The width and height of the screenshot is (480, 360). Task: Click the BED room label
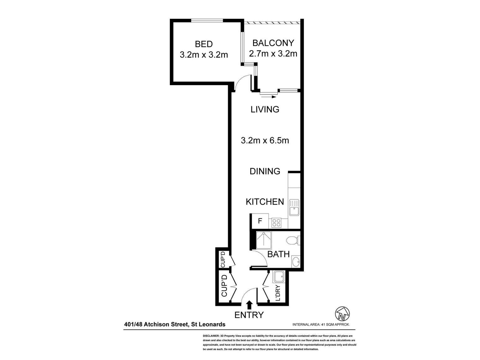click(x=204, y=44)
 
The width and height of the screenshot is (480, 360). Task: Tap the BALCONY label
click(x=273, y=43)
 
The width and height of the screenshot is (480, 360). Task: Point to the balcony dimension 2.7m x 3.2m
click(x=273, y=54)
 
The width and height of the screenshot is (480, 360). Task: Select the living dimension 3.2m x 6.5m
click(x=265, y=141)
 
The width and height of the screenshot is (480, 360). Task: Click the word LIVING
click(x=265, y=109)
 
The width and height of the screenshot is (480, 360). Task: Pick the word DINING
click(x=265, y=171)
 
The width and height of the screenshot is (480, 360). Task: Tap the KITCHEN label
click(x=265, y=202)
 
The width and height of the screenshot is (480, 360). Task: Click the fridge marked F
click(x=260, y=221)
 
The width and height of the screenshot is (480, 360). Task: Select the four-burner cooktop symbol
click(x=276, y=223)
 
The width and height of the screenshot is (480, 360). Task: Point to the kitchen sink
click(x=294, y=208)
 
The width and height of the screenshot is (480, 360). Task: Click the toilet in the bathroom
click(x=292, y=240)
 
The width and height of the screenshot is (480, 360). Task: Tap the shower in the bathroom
click(x=264, y=240)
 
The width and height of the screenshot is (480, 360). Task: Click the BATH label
click(x=278, y=254)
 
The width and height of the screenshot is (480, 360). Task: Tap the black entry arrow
click(x=249, y=305)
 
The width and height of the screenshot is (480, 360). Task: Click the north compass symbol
click(x=342, y=313)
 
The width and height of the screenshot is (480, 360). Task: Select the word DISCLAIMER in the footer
click(x=211, y=336)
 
